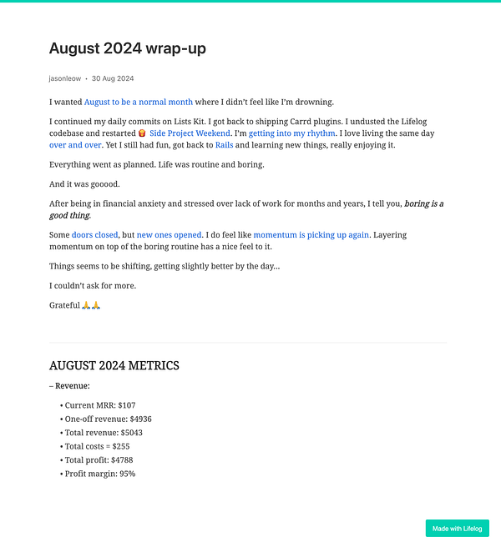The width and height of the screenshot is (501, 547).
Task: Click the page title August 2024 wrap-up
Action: tap(127, 48)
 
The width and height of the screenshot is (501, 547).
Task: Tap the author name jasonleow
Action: tap(65, 78)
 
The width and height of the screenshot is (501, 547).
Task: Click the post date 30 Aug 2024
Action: tap(113, 78)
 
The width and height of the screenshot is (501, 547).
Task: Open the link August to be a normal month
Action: tap(139, 102)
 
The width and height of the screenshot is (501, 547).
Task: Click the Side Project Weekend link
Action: tap(190, 133)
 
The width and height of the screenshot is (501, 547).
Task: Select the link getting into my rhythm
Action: tap(292, 133)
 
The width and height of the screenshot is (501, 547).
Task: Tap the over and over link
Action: tap(75, 145)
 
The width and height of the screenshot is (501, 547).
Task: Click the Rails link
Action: tap(224, 145)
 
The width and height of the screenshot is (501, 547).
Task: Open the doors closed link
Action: tap(94, 235)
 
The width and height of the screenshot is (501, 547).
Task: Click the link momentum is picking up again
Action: tap(311, 235)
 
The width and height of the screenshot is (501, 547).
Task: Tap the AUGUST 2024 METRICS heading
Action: tap(114, 365)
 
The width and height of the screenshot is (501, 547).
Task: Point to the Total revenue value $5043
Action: tap(128, 433)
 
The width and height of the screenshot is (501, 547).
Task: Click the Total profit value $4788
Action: tap(121, 459)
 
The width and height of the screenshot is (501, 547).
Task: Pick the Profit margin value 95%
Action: tap(127, 474)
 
